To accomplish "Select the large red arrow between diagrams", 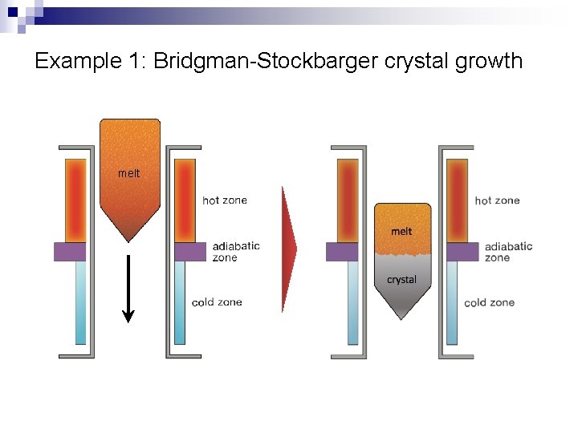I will coord(288,249).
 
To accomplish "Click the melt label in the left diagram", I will coord(128,173).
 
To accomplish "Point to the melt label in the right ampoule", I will coord(401,231).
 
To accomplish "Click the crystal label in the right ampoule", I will coord(401,280).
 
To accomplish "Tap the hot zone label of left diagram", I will coord(225,200).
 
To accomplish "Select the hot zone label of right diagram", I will coord(497,200).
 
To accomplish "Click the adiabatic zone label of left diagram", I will coord(236,252).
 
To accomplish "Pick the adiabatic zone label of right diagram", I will coord(508,252).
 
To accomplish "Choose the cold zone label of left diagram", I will coord(217,302).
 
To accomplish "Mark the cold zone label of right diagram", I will coord(489,302).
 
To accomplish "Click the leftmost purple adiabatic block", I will coord(70,252).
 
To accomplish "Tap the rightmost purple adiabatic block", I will coord(462,252).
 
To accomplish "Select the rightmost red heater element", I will coord(457,200).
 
